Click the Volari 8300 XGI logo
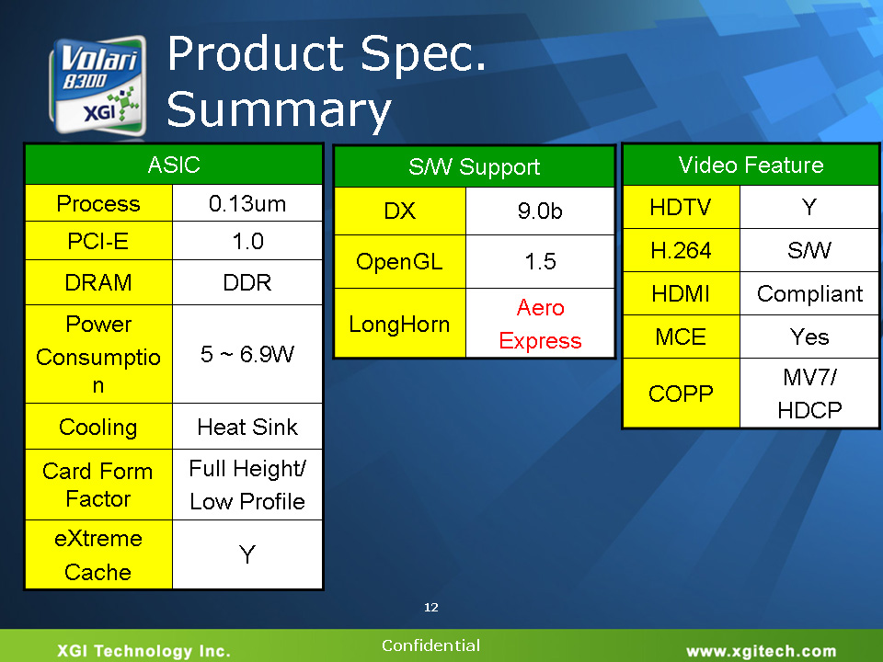click(x=98, y=86)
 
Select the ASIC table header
click(x=174, y=165)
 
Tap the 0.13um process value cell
click(x=247, y=203)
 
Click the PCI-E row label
click(x=98, y=241)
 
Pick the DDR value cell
click(x=247, y=282)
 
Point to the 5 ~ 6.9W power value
click(x=247, y=354)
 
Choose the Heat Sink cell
click(x=247, y=427)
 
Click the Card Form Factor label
click(x=98, y=485)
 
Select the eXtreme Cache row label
click(x=98, y=555)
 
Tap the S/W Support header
click(x=475, y=166)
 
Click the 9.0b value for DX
click(x=540, y=211)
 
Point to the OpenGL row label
click(x=400, y=262)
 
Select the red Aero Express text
click(x=540, y=324)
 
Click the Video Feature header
click(x=751, y=165)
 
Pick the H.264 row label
click(x=681, y=250)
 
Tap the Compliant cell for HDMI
click(x=809, y=293)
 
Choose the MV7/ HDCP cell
click(x=809, y=393)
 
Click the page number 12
click(x=431, y=607)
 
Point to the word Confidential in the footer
click(x=430, y=645)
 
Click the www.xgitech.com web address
click(x=761, y=651)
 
